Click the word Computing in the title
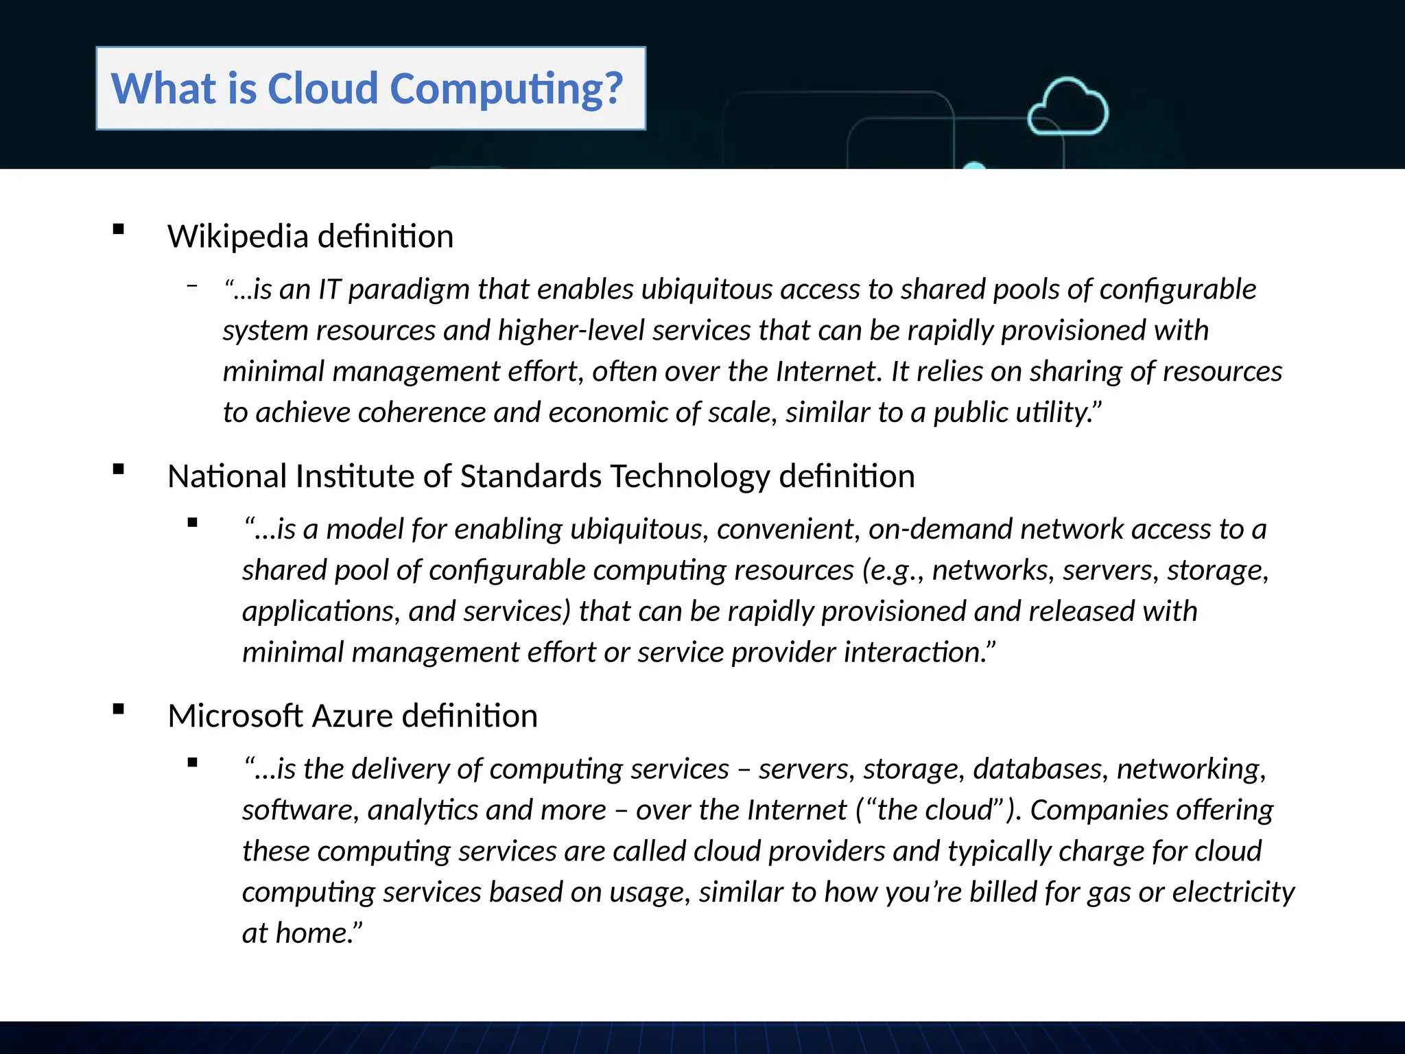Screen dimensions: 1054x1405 tap(506, 89)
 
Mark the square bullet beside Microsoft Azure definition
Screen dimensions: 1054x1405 tap(119, 710)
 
